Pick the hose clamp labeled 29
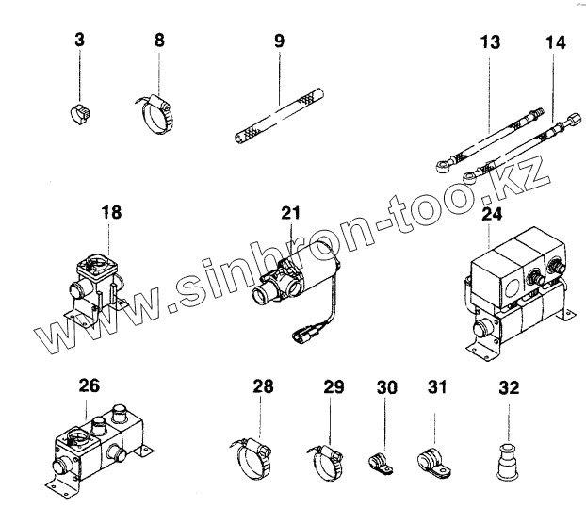[326, 460]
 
